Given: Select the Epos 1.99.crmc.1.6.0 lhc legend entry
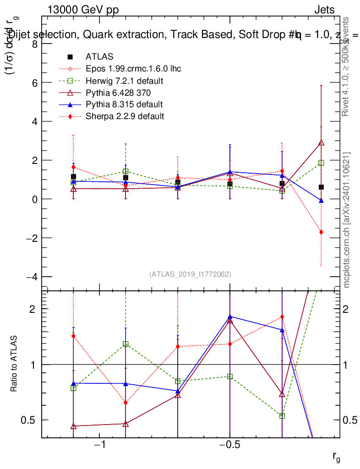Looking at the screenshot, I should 133,69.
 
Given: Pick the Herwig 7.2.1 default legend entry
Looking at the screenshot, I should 125,81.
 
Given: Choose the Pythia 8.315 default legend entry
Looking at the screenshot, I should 124,104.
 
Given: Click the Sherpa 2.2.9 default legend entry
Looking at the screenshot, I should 125,116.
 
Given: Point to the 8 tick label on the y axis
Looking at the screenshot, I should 34,44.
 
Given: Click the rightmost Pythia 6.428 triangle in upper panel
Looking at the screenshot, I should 322,142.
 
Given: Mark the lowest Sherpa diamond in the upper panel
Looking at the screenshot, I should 322,232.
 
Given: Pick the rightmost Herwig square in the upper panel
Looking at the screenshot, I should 322,163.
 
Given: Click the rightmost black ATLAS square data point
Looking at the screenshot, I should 322,187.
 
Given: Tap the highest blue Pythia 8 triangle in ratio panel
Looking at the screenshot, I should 230,316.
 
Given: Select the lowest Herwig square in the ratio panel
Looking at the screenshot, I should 282,416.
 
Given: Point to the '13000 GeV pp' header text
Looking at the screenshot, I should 83,10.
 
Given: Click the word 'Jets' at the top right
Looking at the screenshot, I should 324,10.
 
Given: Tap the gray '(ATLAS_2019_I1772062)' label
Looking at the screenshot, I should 190,274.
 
